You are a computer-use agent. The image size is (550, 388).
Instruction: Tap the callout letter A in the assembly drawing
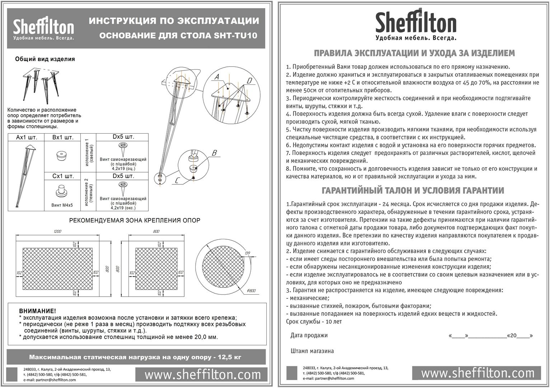[x=216, y=77]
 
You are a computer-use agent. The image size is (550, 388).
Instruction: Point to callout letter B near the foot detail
[x=214, y=153]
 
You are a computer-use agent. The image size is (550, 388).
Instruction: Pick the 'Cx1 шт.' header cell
[x=63, y=176]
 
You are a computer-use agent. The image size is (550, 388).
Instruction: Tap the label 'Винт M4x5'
[x=62, y=205]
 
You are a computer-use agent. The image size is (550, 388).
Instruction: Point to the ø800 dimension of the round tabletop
[x=251, y=290]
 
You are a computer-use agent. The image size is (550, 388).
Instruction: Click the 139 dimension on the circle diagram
[x=247, y=253]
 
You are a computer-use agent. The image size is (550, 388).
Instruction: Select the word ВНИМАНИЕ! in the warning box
[x=37, y=311]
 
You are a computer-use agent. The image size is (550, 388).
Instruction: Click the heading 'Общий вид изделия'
[x=45, y=59]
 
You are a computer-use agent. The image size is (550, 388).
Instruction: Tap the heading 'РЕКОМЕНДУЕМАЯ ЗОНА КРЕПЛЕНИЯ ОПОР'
[x=135, y=220]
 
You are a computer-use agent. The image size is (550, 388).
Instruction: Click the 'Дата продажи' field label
[x=309, y=336]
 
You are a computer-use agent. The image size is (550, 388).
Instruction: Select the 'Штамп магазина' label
[x=312, y=351]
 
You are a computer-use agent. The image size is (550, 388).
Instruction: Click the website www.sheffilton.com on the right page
[x=477, y=373]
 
